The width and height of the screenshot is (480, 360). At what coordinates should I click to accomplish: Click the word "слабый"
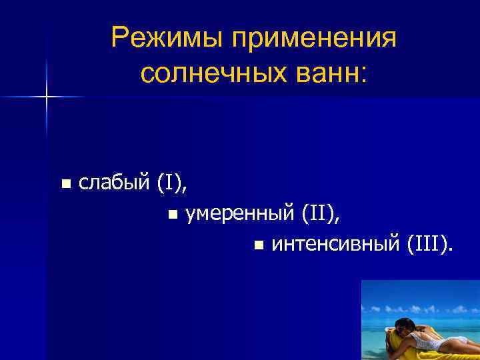[115, 183]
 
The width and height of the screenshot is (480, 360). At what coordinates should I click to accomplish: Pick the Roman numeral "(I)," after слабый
[172, 183]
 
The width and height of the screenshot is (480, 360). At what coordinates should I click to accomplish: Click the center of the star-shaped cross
[47, 97]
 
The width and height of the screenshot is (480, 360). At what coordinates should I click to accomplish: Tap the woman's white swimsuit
[427, 340]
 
